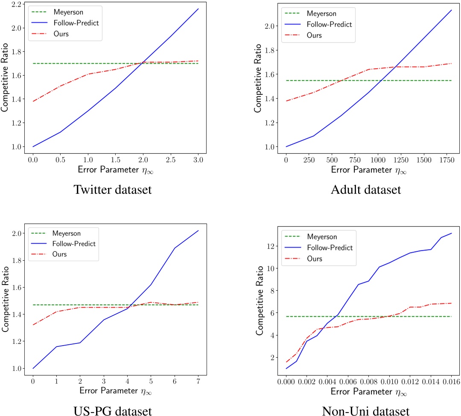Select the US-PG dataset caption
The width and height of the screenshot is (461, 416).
[113, 410]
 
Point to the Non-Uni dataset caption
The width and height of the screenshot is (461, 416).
[366, 410]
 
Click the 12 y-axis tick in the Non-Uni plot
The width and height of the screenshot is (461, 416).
[272, 247]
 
